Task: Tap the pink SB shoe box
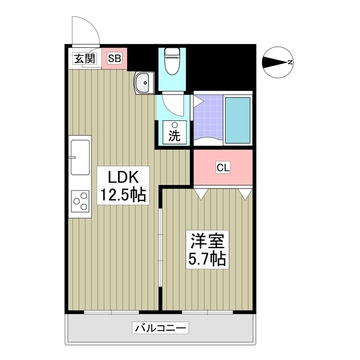coord(114,58)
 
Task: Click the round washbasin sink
coord(143,84)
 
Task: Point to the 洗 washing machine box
coord(175,133)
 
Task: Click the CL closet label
coord(223,168)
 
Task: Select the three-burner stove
coord(80,201)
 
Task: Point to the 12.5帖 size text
coord(123,196)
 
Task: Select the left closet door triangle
coord(201,194)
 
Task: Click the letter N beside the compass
coord(290,62)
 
